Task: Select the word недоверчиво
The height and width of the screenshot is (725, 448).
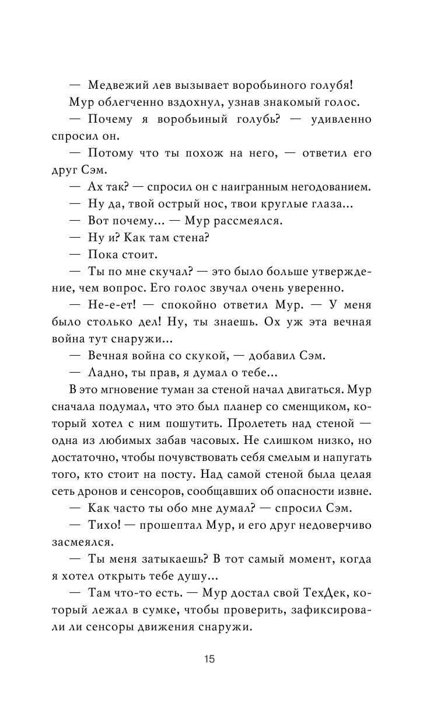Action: click(331, 525)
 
